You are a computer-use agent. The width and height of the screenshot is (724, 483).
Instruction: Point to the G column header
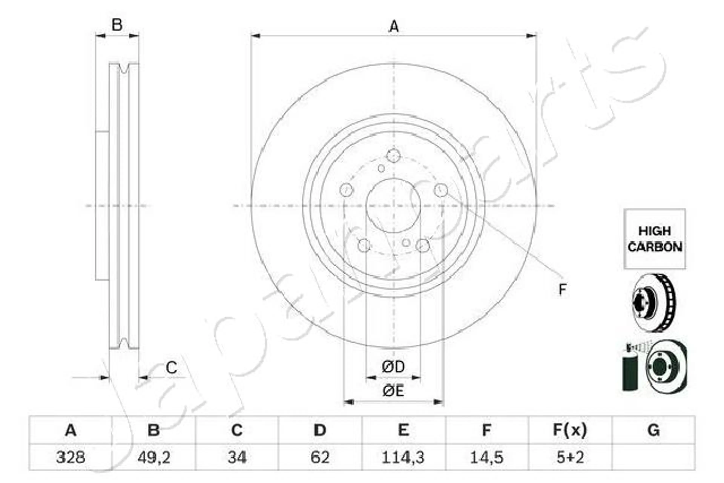[x=653, y=430]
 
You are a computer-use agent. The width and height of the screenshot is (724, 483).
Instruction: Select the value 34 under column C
[x=237, y=457]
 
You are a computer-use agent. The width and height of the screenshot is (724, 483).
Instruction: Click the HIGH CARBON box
[x=655, y=239]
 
